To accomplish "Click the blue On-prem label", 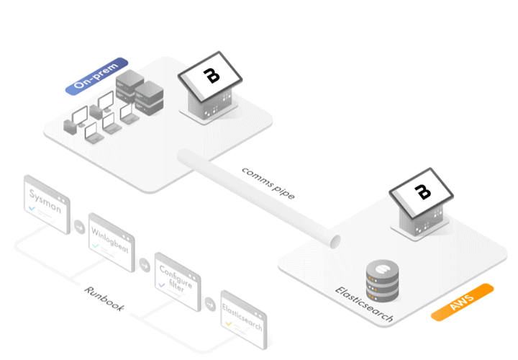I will pyautogui.click(x=96, y=76).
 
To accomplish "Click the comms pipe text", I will pyautogui.click(x=268, y=182).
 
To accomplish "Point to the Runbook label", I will pyautogui.click(x=104, y=299).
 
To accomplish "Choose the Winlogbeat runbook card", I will pyautogui.click(x=111, y=242).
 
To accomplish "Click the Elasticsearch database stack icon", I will pyautogui.click(x=381, y=280).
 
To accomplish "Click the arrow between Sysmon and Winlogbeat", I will pyautogui.click(x=78, y=228).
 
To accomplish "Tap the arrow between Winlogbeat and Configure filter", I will pyautogui.click(x=143, y=264).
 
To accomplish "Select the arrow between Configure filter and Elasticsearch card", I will pyautogui.click(x=209, y=302).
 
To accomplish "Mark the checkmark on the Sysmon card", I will pyautogui.click(x=32, y=209).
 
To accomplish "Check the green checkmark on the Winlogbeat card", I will pyautogui.click(x=96, y=246).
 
